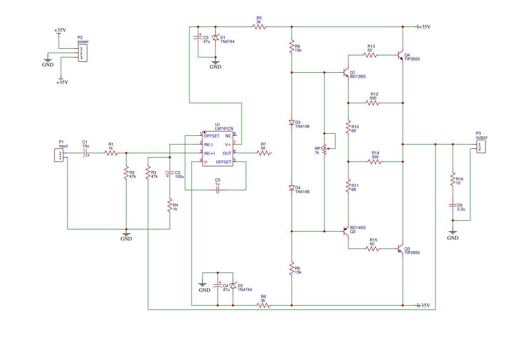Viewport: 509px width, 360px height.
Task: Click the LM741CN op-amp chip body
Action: click(x=218, y=149)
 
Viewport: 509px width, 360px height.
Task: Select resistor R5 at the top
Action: click(x=259, y=27)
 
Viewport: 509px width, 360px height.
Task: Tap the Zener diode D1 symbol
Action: click(x=216, y=38)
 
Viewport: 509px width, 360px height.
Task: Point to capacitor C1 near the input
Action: click(x=86, y=153)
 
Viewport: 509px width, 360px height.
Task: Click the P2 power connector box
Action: click(x=83, y=53)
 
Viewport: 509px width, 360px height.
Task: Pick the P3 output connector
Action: click(x=481, y=147)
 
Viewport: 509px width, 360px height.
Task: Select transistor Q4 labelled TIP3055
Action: click(x=401, y=55)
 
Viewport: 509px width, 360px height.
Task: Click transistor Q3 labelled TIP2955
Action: click(x=401, y=249)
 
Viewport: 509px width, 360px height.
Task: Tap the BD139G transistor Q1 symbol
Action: click(x=346, y=72)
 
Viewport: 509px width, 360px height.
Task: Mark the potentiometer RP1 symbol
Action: click(x=325, y=149)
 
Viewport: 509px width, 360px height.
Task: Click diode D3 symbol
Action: click(x=292, y=122)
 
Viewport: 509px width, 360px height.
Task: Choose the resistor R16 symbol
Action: click(x=453, y=179)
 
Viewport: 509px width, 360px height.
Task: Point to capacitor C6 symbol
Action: click(x=453, y=205)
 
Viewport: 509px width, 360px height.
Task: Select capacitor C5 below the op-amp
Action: click(x=218, y=190)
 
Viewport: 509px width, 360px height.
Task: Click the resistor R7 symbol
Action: click(x=263, y=153)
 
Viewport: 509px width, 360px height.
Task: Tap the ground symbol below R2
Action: click(x=126, y=234)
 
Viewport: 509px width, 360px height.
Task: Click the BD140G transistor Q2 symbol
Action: click(x=346, y=232)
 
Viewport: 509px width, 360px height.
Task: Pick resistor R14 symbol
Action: click(x=374, y=161)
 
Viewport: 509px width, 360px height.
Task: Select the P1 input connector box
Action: click(x=59, y=155)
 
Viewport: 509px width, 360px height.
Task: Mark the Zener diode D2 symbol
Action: click(x=233, y=286)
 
